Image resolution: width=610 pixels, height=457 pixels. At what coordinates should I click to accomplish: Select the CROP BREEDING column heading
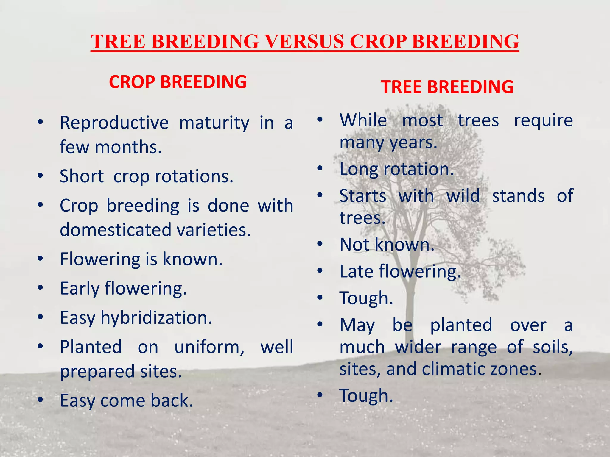tap(178, 82)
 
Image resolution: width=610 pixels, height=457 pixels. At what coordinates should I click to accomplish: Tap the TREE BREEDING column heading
tap(447, 87)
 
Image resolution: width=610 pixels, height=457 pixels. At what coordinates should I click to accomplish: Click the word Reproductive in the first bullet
tap(114, 123)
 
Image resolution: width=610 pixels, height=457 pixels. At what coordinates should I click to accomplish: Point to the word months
tap(128, 147)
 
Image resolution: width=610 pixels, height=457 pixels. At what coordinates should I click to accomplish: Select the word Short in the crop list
tap(81, 176)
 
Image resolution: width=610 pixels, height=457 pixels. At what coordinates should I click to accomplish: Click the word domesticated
tap(113, 230)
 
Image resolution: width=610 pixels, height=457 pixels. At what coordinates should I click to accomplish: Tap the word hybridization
tap(156, 317)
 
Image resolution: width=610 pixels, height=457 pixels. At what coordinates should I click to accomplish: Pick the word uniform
tap(209, 347)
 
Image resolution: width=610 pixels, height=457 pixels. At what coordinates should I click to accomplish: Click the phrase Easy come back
tap(126, 400)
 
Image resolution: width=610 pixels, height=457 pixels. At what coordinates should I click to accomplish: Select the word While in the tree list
tap(363, 120)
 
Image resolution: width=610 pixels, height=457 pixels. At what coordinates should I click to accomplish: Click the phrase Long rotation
tap(396, 169)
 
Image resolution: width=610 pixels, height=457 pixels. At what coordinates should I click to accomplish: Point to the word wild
tap(463, 196)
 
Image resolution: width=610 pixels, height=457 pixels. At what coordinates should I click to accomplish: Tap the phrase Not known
tap(387, 244)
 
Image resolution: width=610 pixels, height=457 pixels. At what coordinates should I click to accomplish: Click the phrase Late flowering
tap(400, 271)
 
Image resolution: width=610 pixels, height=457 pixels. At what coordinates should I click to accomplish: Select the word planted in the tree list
tap(461, 325)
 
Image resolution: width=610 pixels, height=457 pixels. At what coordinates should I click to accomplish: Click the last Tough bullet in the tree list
tap(366, 396)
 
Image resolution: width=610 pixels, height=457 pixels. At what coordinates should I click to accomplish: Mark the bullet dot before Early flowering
tap(41, 288)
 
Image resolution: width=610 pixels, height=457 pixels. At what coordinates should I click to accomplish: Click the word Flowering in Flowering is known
tap(100, 259)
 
